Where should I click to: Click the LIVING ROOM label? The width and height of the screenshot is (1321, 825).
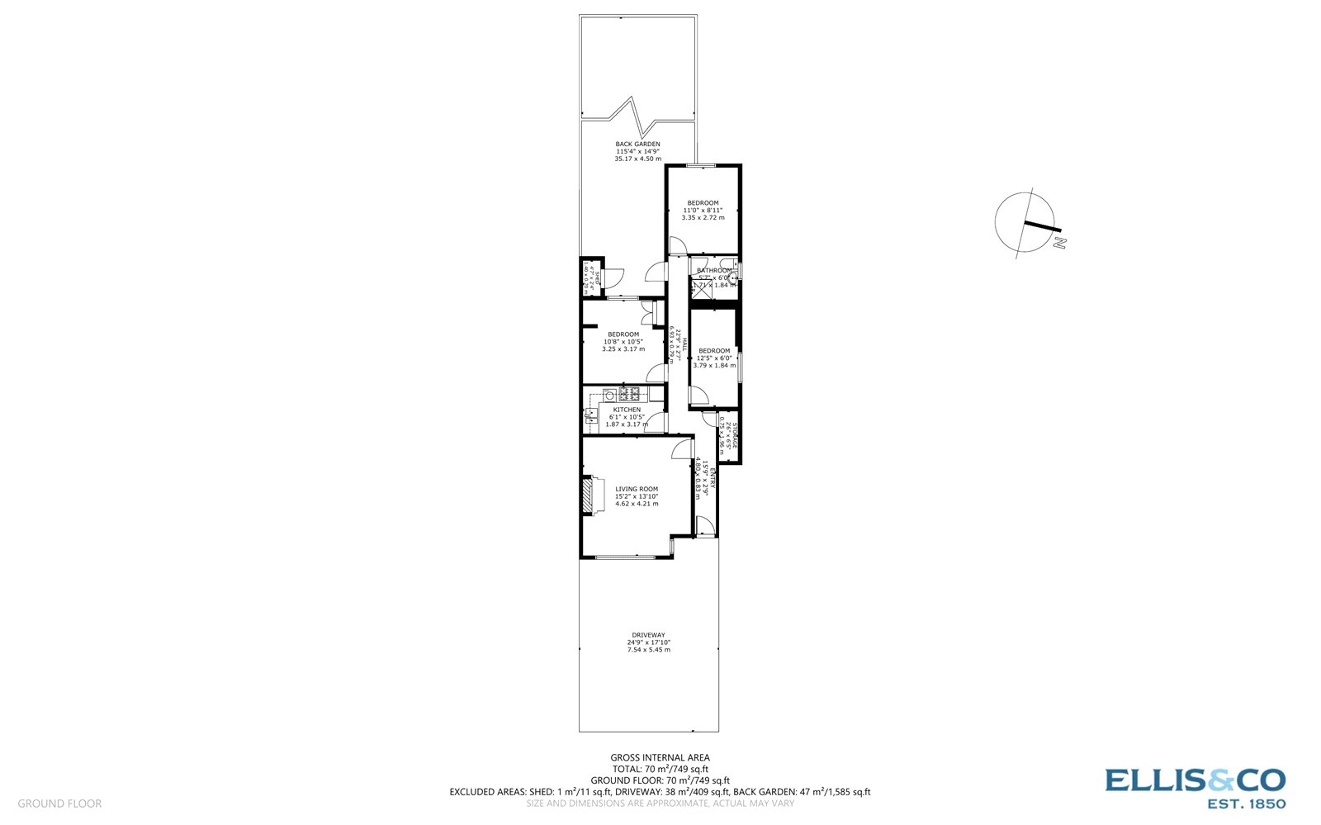[637, 489]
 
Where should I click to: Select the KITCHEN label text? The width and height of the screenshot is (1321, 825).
[627, 410]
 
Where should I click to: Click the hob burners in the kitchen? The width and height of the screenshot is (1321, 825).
[628, 394]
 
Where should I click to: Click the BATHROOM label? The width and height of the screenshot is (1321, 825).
[713, 270]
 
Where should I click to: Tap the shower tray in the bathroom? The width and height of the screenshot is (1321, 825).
[699, 288]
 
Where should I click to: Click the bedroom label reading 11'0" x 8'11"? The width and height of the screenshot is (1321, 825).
[703, 211]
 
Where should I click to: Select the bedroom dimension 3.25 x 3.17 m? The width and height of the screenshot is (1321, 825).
[623, 349]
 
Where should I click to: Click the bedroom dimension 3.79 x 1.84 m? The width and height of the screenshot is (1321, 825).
[714, 365]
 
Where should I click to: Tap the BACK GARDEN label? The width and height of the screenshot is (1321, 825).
[637, 144]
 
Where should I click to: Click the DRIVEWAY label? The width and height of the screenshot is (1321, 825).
[648, 635]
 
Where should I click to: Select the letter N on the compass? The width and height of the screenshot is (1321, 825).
[1061, 243]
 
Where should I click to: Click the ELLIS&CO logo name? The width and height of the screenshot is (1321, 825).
[1195, 781]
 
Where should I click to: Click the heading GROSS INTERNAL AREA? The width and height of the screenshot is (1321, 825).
[660, 757]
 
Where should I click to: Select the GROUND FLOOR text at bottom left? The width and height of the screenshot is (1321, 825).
[59, 804]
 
